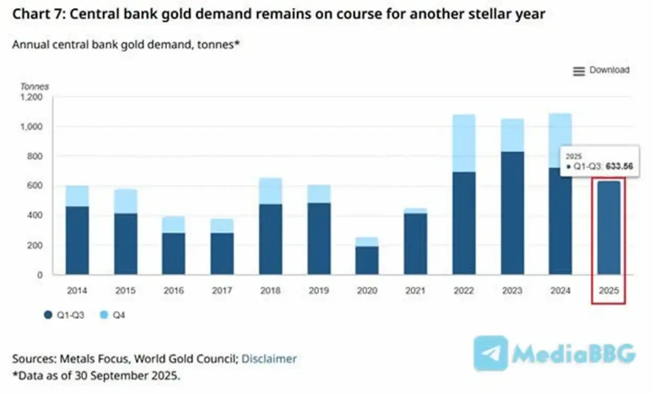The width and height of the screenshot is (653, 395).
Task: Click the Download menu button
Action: point(601,71)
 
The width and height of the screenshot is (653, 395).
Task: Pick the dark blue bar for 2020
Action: point(367,260)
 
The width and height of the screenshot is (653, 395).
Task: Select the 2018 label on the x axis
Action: point(271,291)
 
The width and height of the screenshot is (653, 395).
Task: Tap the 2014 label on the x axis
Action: point(77,291)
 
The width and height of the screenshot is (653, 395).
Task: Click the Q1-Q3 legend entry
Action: point(65,315)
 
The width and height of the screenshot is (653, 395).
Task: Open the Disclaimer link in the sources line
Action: point(269,359)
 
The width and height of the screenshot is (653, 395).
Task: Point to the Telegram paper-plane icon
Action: point(491,353)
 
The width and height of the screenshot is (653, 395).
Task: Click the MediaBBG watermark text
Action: point(572,354)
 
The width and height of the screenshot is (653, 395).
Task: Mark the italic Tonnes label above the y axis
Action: point(34,87)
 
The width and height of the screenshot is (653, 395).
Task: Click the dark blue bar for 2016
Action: point(174,254)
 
